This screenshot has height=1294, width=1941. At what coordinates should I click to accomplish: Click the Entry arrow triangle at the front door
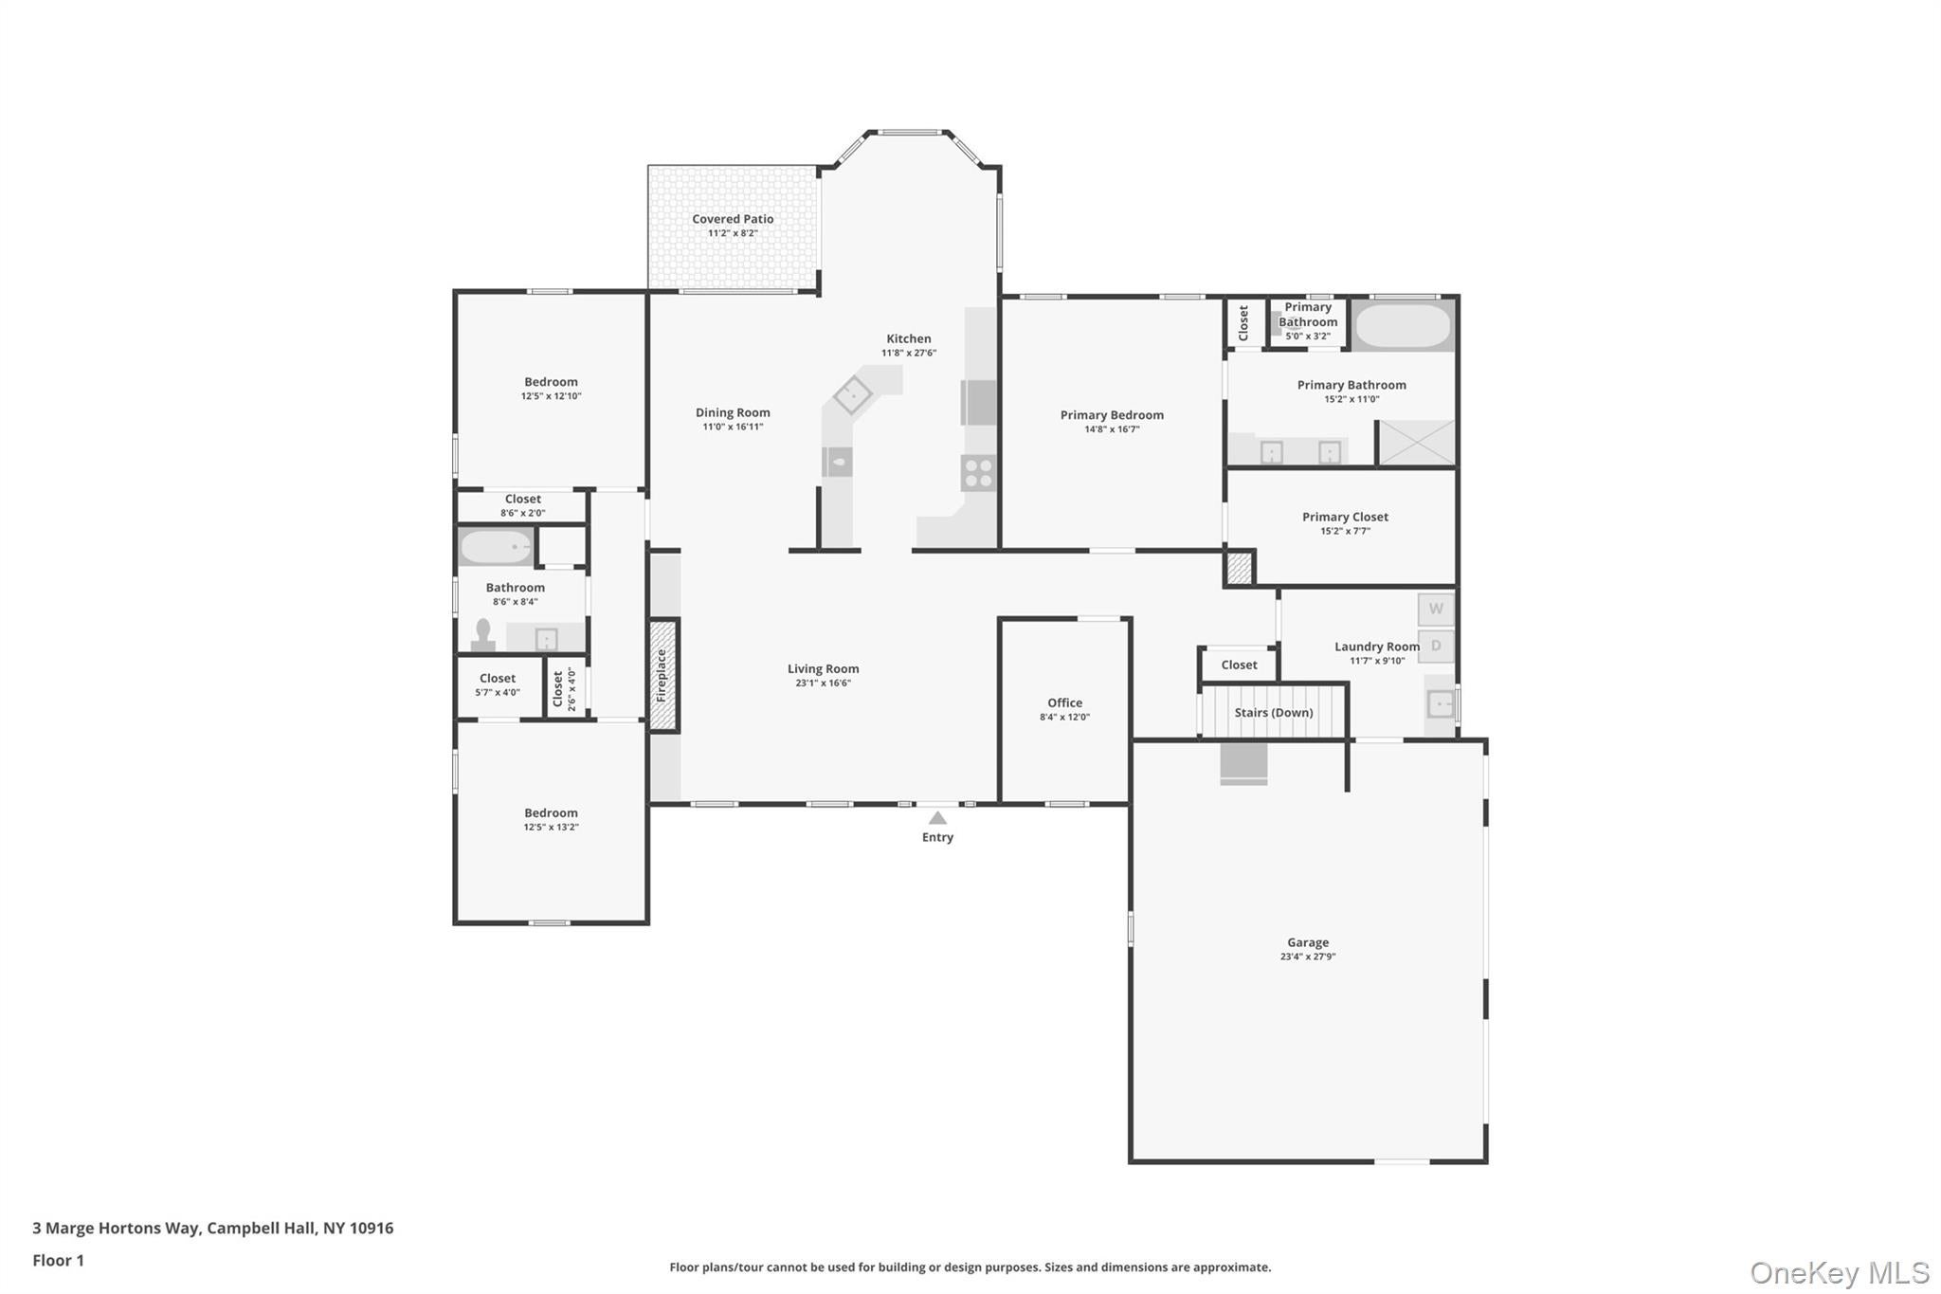[x=936, y=818]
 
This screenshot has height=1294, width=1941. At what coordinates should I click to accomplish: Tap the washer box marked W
[x=1435, y=610]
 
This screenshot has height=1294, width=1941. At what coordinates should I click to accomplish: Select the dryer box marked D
[x=1435, y=647]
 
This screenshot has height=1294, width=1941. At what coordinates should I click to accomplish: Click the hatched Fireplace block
[x=663, y=675]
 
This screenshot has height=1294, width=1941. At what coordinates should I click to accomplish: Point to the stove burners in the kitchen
[x=978, y=472]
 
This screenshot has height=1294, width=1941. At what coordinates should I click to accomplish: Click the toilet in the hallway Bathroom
[x=483, y=634]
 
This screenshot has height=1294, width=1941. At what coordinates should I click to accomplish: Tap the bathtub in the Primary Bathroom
[x=1403, y=326]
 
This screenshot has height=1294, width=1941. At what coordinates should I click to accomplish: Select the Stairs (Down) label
[x=1273, y=713]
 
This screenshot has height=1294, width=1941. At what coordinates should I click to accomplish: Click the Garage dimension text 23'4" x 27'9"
[x=1307, y=957]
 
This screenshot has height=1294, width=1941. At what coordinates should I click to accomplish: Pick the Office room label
[x=1064, y=702]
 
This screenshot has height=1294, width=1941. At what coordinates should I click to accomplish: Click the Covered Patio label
[x=733, y=219]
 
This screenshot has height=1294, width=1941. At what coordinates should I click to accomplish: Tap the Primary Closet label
[x=1344, y=517]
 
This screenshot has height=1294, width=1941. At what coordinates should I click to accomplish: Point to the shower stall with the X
[x=1416, y=444]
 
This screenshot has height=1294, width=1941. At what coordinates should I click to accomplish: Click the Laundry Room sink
[x=1440, y=704]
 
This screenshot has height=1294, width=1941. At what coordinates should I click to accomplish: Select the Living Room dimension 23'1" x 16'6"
[x=823, y=683]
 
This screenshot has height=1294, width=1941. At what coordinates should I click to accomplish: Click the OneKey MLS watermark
[x=1839, y=1272]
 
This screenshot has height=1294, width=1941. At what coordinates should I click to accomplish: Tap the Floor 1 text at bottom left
[x=59, y=1261]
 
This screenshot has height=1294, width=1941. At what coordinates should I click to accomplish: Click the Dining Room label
[x=733, y=412]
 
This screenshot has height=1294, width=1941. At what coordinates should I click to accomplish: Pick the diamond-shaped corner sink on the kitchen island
[x=852, y=394]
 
